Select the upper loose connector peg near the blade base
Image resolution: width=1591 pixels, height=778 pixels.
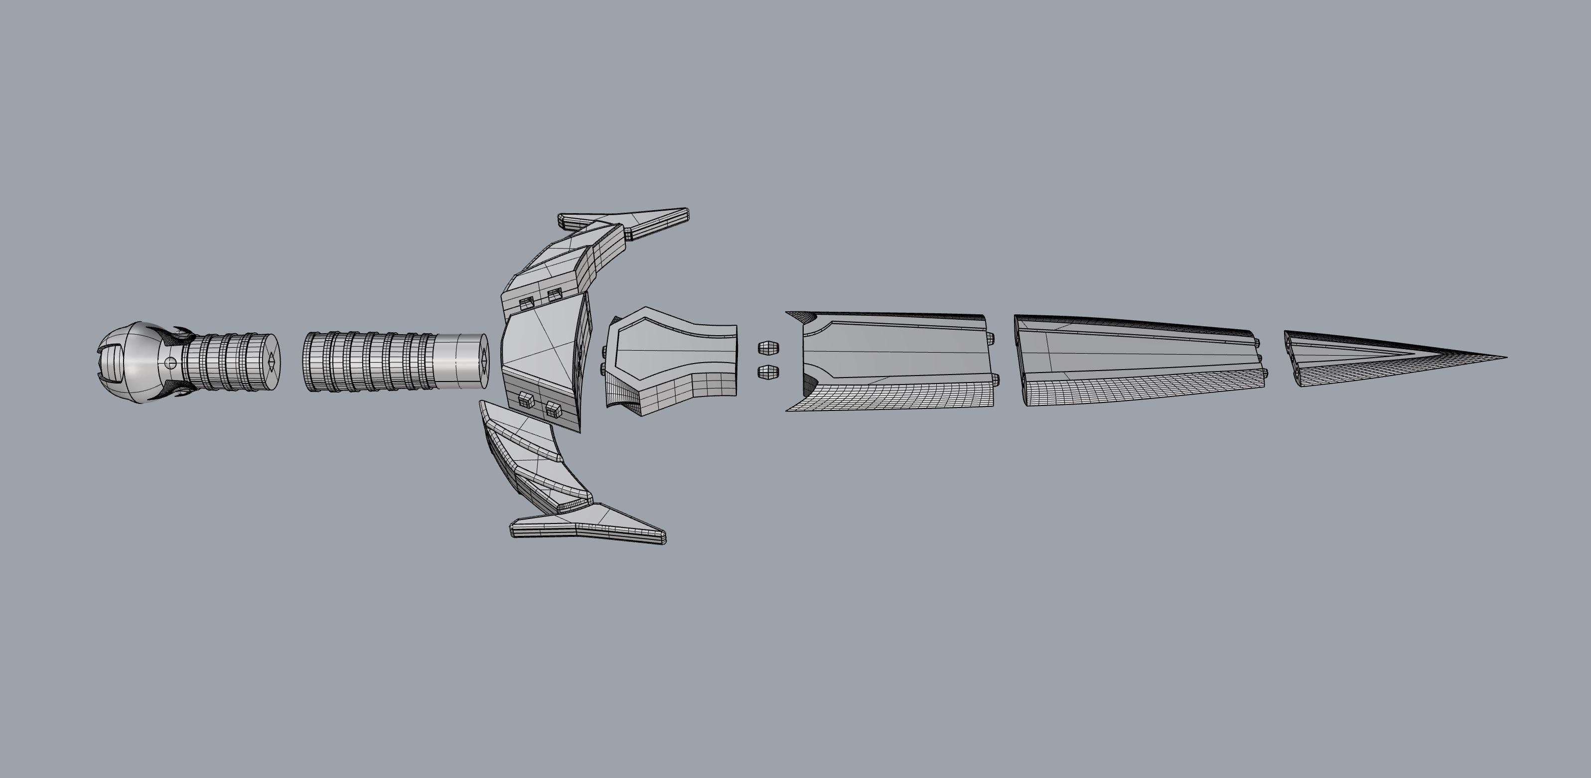click(x=768, y=348)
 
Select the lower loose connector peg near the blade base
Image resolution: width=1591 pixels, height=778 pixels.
click(x=768, y=372)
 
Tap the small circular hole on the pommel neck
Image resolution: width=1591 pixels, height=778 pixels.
click(x=171, y=363)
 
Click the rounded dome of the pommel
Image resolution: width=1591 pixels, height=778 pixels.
click(x=139, y=361)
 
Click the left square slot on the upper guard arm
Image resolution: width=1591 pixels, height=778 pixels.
click(x=527, y=302)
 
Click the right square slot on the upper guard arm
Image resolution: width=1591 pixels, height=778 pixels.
click(x=555, y=294)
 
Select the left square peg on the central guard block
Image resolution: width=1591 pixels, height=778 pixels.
click(x=526, y=399)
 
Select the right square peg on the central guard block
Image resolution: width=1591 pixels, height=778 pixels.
click(x=554, y=407)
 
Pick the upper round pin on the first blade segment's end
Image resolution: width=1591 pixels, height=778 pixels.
click(x=991, y=338)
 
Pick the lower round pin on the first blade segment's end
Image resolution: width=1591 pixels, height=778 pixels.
click(x=991, y=379)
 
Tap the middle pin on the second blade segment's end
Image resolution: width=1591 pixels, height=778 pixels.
click(x=1258, y=357)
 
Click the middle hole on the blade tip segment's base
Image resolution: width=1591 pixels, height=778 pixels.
click(x=1292, y=357)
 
